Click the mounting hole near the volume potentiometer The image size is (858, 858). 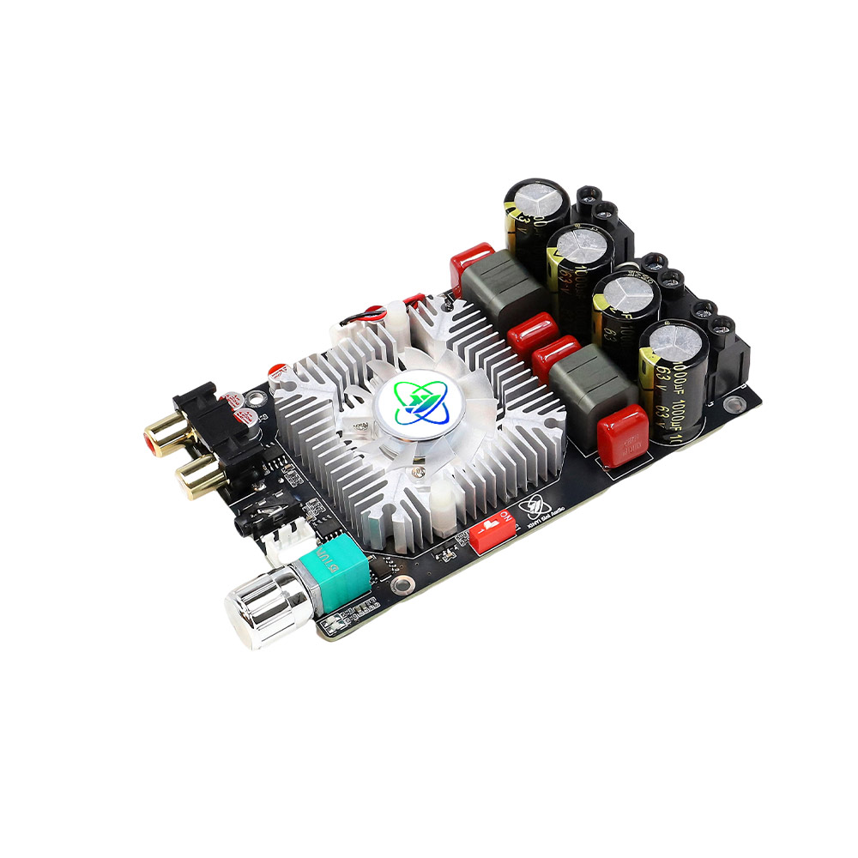coord(400,587)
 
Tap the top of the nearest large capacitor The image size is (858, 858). coord(678,343)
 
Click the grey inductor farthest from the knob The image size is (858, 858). coord(505,289)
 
